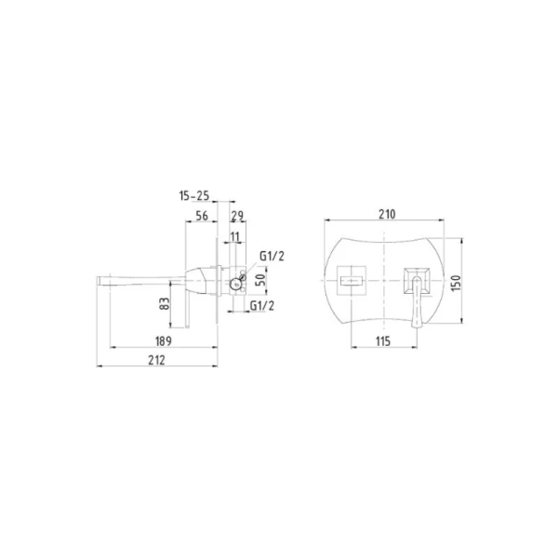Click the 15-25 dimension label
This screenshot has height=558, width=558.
tap(194, 195)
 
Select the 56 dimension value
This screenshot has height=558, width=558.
tap(202, 216)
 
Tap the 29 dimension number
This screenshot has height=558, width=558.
tap(237, 216)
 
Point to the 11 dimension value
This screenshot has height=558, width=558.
tap(235, 236)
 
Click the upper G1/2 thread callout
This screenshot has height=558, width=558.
tap(272, 256)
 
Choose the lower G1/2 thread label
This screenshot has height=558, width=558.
tap(262, 306)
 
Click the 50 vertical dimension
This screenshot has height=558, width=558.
tap(260, 281)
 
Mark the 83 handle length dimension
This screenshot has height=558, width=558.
tap(165, 303)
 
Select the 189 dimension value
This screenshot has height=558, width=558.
tap(164, 341)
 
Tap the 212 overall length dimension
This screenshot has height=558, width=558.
tap(156, 360)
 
